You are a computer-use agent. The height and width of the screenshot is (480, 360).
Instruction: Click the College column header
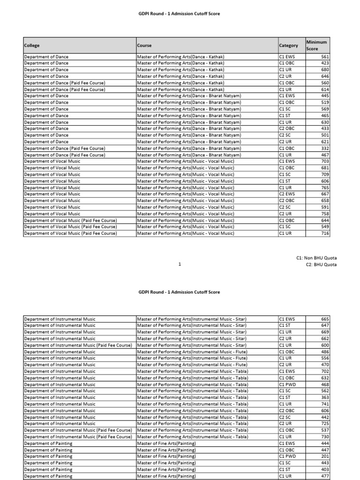coord(32,45)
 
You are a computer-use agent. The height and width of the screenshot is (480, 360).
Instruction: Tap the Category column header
coord(288,45)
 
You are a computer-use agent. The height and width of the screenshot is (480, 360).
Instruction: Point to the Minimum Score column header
coord(317,45)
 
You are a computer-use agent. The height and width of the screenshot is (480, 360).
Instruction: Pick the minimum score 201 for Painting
coord(325,457)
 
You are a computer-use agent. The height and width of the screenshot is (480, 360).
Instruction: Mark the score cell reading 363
coord(325,397)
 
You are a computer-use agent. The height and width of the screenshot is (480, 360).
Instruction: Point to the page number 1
coord(180,264)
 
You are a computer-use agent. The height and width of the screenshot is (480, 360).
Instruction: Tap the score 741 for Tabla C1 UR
coord(325,404)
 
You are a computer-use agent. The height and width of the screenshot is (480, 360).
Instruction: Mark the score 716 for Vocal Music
coord(325,233)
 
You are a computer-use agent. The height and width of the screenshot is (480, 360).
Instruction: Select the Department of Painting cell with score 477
coord(48,476)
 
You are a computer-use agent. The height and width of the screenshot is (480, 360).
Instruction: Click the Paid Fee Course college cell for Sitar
coord(78,345)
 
